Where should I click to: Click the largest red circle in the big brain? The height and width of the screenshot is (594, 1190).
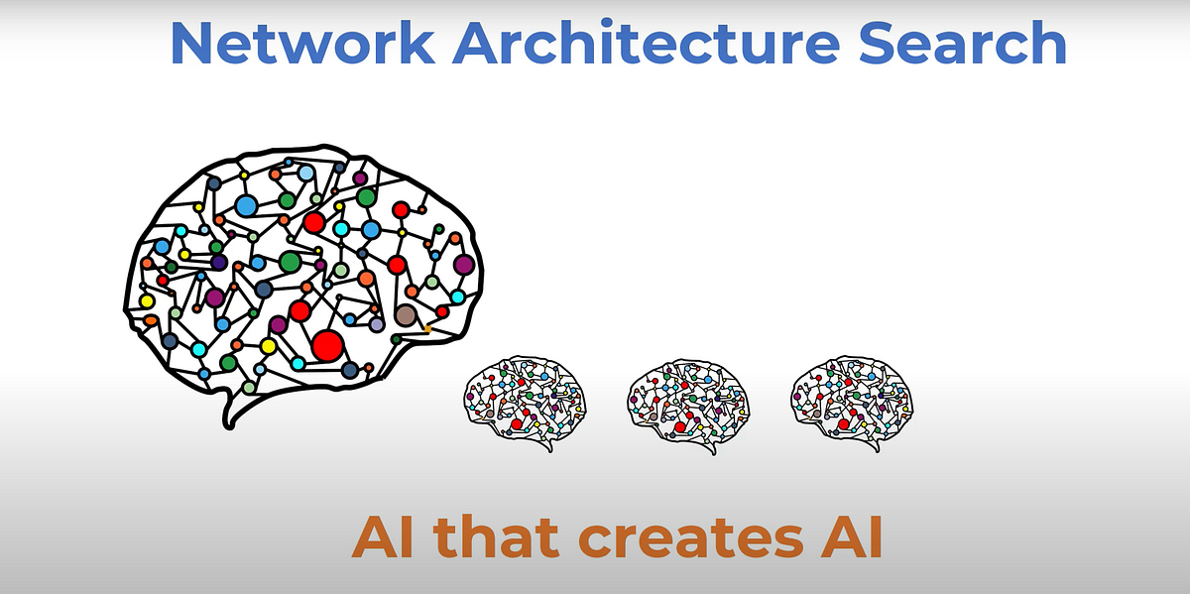(327, 345)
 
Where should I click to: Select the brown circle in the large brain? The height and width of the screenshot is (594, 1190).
(405, 315)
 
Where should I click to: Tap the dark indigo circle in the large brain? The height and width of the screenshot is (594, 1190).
(219, 262)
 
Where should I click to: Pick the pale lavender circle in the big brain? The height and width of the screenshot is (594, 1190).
(377, 323)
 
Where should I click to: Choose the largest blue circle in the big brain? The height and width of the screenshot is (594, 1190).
(246, 206)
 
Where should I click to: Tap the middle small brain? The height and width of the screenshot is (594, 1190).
(688, 402)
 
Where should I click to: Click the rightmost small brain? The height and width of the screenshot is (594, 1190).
(851, 402)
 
